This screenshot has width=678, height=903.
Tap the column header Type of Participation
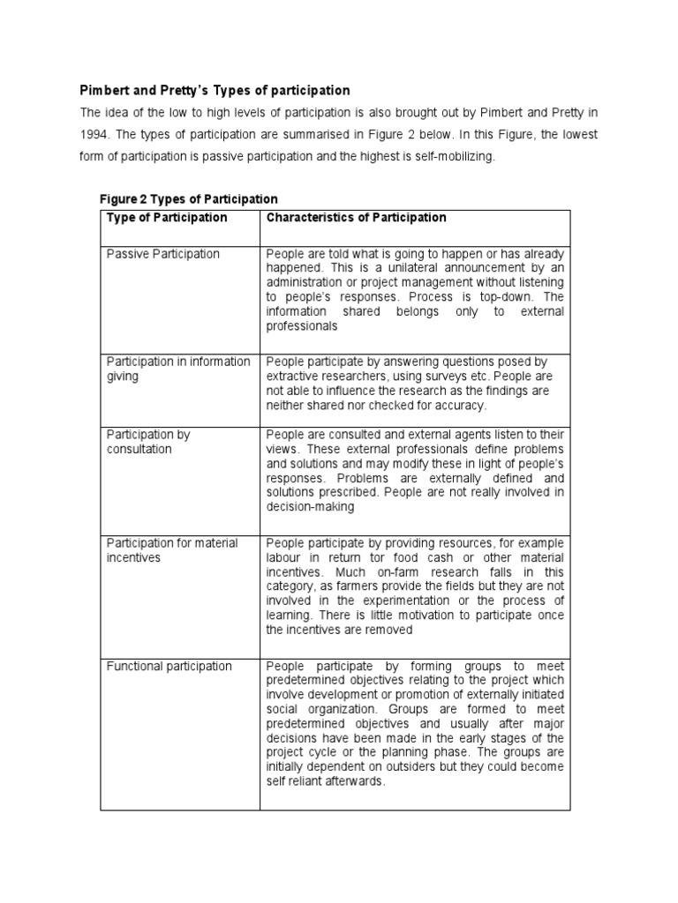click(x=167, y=218)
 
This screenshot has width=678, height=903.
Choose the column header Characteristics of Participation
click(x=357, y=218)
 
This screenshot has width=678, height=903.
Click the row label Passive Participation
click(x=163, y=254)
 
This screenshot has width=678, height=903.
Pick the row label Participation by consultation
click(x=148, y=442)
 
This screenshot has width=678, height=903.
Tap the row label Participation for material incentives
click(x=172, y=550)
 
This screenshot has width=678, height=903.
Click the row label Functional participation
click(x=169, y=666)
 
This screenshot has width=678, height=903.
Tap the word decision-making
click(x=310, y=507)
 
